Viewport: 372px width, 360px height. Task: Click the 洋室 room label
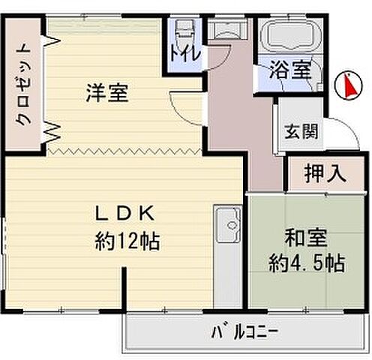tap(106, 94)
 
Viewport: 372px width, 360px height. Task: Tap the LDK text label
tap(124, 214)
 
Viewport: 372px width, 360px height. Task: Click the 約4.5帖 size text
tap(307, 263)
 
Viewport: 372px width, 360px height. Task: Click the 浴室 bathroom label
tap(290, 71)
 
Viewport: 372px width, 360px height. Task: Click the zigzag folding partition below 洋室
tap(124, 150)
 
